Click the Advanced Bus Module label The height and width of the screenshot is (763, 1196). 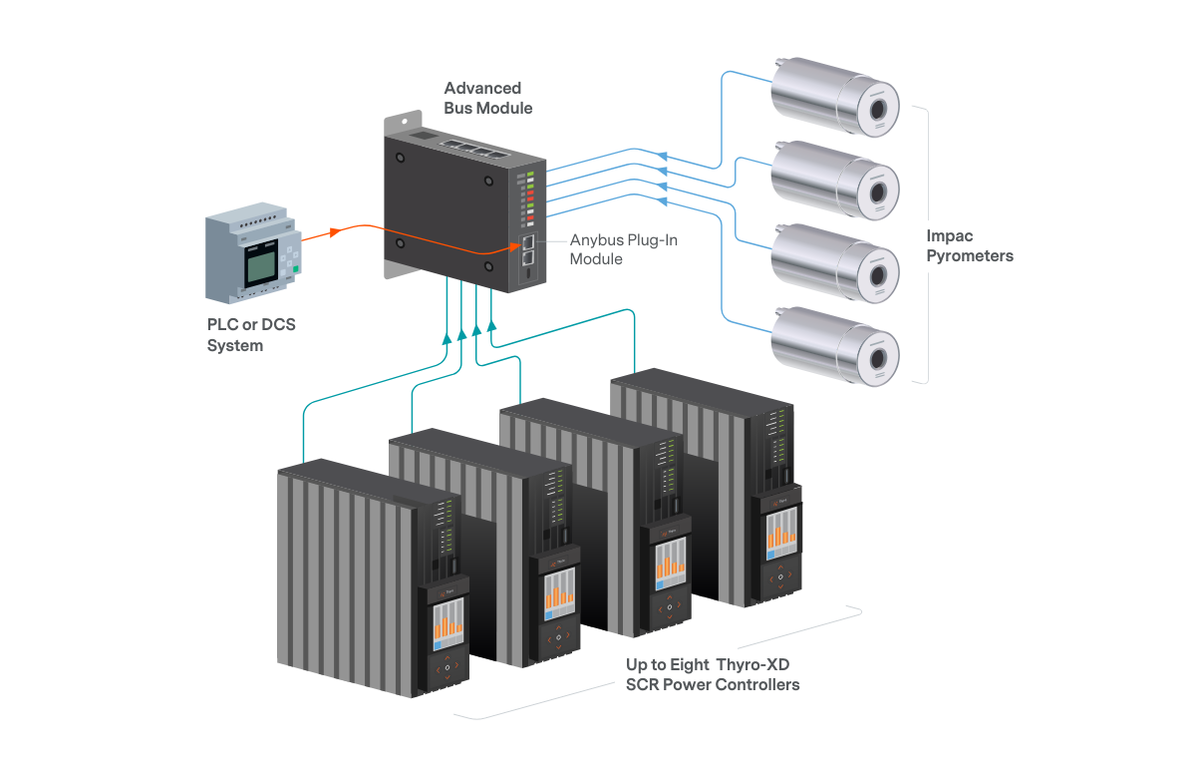[x=488, y=98]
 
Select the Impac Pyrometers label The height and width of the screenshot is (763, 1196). [x=969, y=246]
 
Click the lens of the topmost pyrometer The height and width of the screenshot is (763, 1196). [x=877, y=108]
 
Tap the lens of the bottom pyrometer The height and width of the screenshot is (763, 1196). [x=877, y=357]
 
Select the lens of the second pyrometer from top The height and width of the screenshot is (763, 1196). [x=877, y=191]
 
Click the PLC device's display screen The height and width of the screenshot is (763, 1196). [x=261, y=264]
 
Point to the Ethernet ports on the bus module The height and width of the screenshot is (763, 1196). [x=527, y=248]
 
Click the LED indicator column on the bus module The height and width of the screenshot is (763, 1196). [x=530, y=200]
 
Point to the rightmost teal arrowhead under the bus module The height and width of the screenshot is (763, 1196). [x=491, y=324]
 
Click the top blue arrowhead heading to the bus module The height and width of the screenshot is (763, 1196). [x=662, y=155]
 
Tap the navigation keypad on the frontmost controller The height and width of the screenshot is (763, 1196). [x=447, y=666]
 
